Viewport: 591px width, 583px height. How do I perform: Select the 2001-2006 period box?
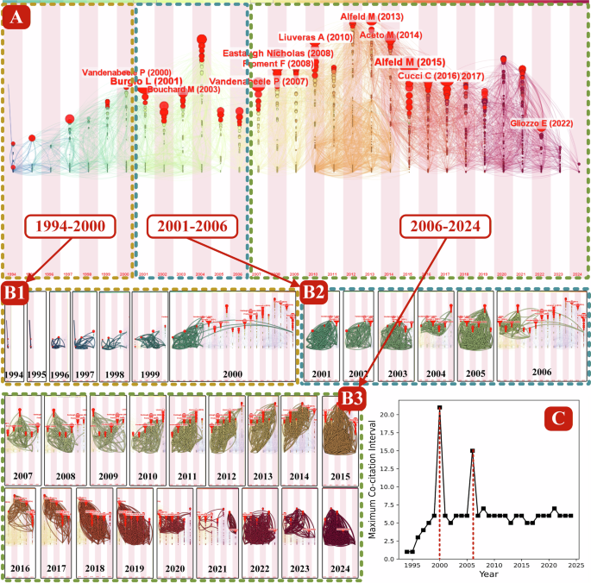click(x=188, y=227)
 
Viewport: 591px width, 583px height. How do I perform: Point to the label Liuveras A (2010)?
click(x=316, y=38)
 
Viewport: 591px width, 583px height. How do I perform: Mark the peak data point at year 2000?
click(x=440, y=408)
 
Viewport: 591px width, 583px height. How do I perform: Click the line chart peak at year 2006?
click(x=473, y=450)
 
